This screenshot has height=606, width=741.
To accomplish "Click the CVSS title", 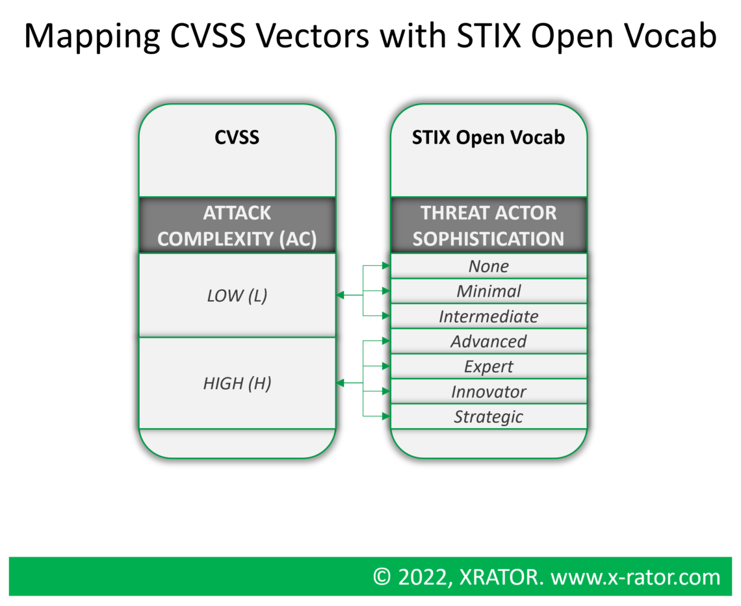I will pyautogui.click(x=237, y=138).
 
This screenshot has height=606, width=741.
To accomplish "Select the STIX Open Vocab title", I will pyautogui.click(x=488, y=138).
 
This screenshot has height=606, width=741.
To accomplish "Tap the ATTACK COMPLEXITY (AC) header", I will pyautogui.click(x=237, y=225).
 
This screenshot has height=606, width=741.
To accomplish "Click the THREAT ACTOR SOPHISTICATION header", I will pyautogui.click(x=488, y=225).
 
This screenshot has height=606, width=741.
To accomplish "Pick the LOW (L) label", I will pyautogui.click(x=237, y=296).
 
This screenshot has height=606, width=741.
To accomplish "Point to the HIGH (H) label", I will pyautogui.click(x=237, y=383).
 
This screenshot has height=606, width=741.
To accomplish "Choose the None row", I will pyautogui.click(x=488, y=266).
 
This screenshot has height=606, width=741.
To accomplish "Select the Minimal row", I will pyautogui.click(x=488, y=291).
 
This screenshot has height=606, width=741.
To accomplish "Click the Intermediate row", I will pyautogui.click(x=488, y=316).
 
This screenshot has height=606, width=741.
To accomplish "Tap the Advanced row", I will pyautogui.click(x=488, y=341).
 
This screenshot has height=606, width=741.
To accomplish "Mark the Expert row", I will pyautogui.click(x=488, y=366).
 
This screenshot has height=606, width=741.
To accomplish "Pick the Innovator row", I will pyautogui.click(x=488, y=392).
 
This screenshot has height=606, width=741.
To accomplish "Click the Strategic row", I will pyautogui.click(x=488, y=416).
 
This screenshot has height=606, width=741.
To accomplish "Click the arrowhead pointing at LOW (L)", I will pyautogui.click(x=340, y=296).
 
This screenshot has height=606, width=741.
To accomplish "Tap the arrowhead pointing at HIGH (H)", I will pyautogui.click(x=340, y=383).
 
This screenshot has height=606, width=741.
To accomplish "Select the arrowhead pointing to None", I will pyautogui.click(x=386, y=266).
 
